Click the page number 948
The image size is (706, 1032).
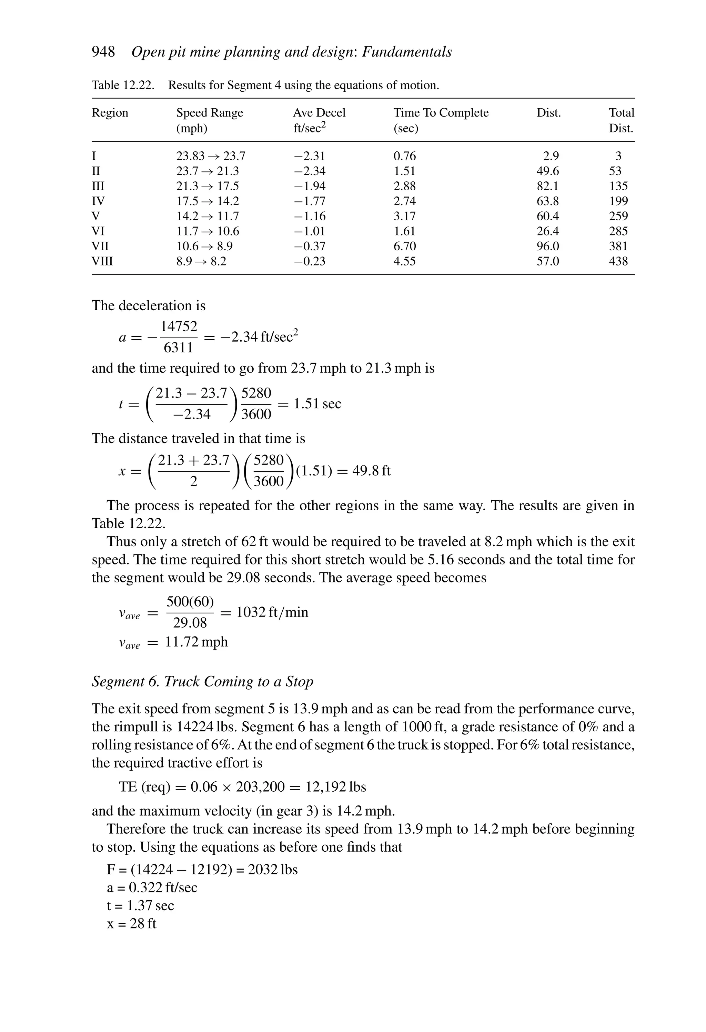pos(103,52)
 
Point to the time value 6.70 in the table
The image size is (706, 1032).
pos(404,246)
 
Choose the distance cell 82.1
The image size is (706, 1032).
pos(547,186)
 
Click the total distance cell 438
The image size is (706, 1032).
pos(618,261)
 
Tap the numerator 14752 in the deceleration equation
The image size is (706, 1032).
pos(179,327)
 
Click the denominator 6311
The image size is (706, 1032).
pos(179,348)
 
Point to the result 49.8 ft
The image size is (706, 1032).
pos(371,470)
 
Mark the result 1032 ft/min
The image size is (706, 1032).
pos(272,612)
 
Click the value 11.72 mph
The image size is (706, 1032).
pos(196,642)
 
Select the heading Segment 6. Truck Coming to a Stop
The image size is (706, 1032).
pos(202,682)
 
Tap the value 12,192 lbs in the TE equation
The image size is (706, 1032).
pos(335,787)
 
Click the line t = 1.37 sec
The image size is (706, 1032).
pos(140,905)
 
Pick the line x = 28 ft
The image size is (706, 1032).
pos(131,924)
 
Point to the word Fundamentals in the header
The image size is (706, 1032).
pos(407,52)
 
